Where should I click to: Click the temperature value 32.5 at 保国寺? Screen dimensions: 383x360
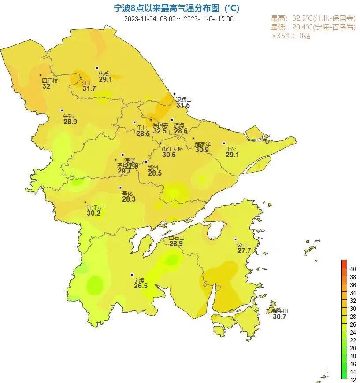160,131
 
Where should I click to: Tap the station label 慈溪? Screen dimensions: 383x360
103,74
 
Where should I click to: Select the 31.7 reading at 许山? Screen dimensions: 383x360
89,89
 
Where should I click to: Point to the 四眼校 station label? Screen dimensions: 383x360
49,81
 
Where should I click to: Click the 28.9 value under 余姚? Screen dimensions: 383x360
70,122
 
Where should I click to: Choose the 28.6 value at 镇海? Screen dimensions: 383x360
181,131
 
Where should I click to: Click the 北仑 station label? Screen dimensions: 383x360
230,149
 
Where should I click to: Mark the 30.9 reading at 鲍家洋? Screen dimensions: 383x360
202,150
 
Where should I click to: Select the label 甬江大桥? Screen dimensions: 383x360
172,149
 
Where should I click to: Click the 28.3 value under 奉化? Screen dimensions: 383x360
129,199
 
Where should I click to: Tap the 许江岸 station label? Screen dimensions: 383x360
94,207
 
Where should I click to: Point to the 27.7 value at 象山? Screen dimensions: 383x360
244,251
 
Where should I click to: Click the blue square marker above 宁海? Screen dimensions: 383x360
133,274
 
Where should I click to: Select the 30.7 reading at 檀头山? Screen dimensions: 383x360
279,317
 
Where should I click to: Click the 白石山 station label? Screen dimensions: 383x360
176,238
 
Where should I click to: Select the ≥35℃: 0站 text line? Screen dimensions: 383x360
290,36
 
